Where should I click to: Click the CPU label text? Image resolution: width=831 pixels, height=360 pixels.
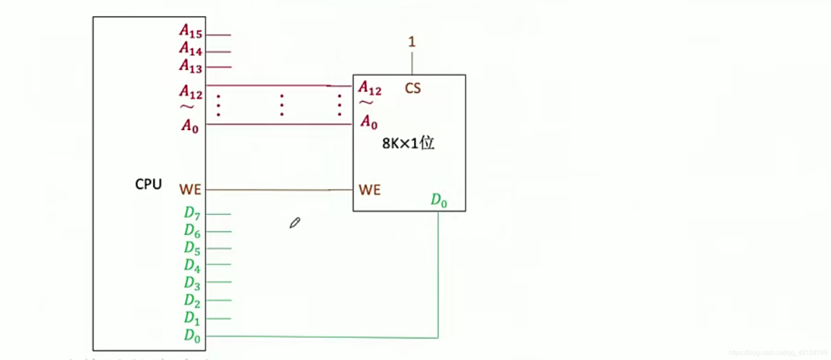point(148,184)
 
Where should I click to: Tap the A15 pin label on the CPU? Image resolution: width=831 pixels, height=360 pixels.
point(191,31)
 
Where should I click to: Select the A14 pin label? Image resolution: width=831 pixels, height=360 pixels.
point(191,48)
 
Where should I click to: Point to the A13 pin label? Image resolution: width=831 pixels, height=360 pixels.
point(191,66)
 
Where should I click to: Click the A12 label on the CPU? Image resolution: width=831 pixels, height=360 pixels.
point(191,92)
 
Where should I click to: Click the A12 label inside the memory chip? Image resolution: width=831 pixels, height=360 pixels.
point(369,88)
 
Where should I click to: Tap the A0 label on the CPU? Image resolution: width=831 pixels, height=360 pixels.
point(190,126)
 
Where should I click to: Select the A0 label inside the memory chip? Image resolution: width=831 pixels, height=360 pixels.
point(369,121)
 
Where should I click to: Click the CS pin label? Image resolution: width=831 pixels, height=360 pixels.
point(413,88)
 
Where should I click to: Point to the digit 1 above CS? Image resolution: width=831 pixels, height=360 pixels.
point(411,42)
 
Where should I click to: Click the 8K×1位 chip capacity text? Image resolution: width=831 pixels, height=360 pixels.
point(408,143)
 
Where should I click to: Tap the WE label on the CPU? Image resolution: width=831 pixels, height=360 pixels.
point(190,190)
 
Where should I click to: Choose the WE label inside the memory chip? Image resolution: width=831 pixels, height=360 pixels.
point(369,190)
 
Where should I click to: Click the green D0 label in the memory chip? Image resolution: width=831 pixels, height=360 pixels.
point(439,200)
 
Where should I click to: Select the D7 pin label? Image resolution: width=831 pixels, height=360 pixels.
point(192,213)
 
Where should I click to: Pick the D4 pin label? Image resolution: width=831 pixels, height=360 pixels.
point(192,266)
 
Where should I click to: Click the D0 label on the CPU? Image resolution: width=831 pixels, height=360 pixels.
point(192,335)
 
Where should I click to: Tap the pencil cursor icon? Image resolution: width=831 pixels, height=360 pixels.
point(295,223)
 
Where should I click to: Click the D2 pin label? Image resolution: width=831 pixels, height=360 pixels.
point(192,301)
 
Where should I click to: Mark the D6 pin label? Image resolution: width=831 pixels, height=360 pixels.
point(192,230)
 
